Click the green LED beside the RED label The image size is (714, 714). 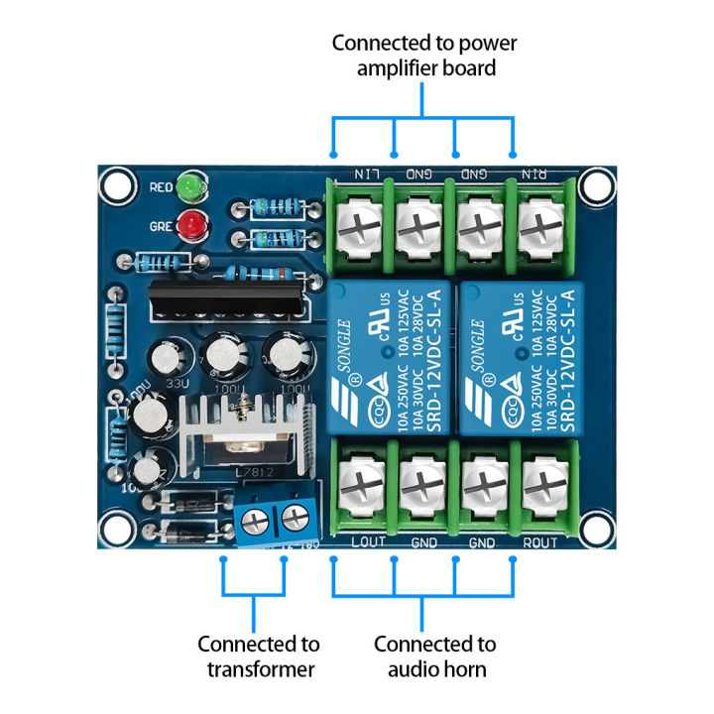coord(190,186)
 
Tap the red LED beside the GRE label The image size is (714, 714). coord(190,224)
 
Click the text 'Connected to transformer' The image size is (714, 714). coord(258,656)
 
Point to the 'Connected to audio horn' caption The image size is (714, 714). coord(434,656)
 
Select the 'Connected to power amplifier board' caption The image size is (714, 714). coord(424,56)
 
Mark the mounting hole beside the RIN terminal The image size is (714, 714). coord(598,185)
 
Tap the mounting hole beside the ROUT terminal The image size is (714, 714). coord(598,527)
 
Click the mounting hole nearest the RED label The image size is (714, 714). coord(118,183)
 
